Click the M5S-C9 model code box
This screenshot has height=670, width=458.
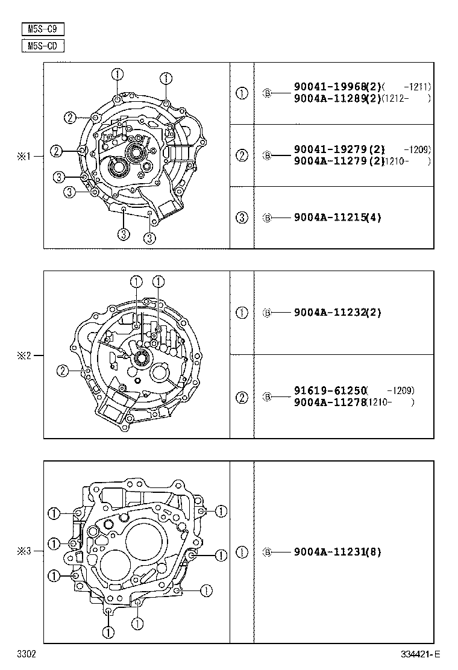click(43, 29)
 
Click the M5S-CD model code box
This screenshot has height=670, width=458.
click(43, 46)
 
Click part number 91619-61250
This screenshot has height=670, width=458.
click(331, 391)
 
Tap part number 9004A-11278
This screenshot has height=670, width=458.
click(331, 402)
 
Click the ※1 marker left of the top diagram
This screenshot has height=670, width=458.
click(23, 156)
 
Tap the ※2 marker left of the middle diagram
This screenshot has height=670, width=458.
click(23, 355)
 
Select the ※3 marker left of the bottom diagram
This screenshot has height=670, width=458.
click(23, 551)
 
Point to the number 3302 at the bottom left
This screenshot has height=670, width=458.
click(26, 654)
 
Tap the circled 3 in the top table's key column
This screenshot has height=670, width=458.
click(242, 218)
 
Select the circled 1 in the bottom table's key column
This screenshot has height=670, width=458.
click(242, 552)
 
